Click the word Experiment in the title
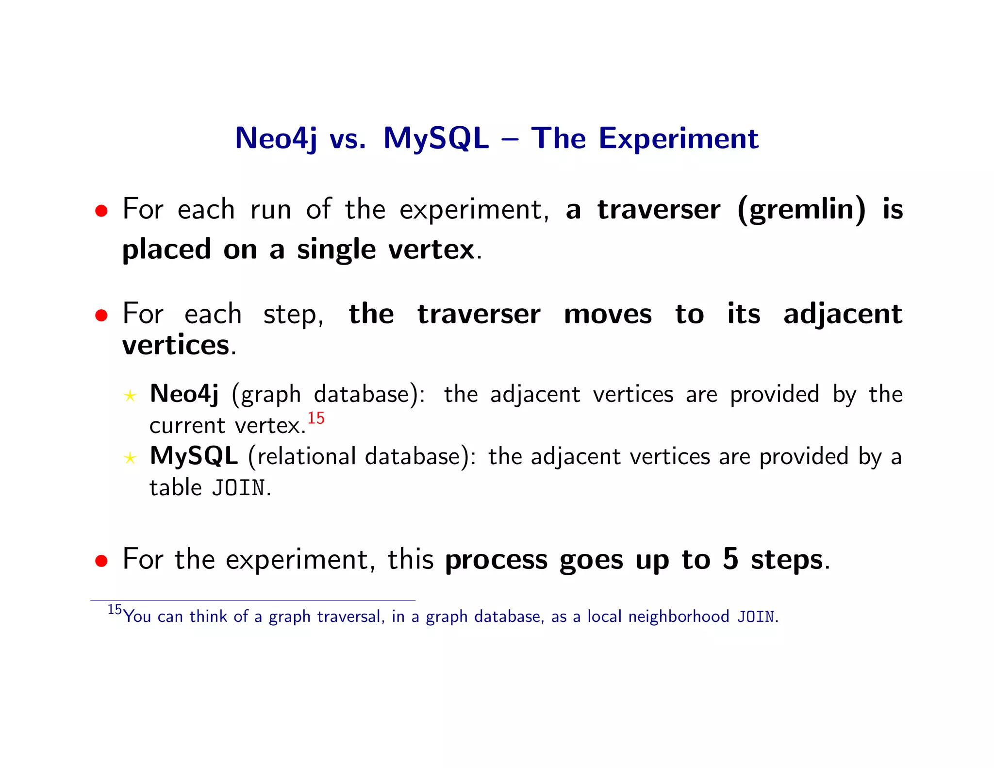pyautogui.click(x=678, y=139)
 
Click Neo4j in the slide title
pyautogui.click(x=276, y=138)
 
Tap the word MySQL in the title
pyautogui.click(x=436, y=138)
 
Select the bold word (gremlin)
pyautogui.click(x=801, y=210)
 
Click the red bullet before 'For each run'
pyautogui.click(x=101, y=211)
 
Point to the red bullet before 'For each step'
pyautogui.click(x=101, y=316)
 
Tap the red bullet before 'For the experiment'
pyautogui.click(x=101, y=561)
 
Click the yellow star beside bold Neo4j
pyautogui.click(x=130, y=396)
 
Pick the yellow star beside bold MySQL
pyautogui.click(x=130, y=458)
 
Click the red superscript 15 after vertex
pyautogui.click(x=316, y=418)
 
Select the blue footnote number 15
pyautogui.click(x=115, y=610)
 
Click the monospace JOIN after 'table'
pyautogui.click(x=238, y=488)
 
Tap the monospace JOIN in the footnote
pyautogui.click(x=756, y=617)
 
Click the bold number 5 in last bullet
pyautogui.click(x=730, y=559)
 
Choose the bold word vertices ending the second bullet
pyautogui.click(x=175, y=345)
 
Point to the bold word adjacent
pyautogui.click(x=843, y=314)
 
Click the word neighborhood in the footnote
pyautogui.click(x=679, y=617)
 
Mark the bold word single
pyautogui.click(x=336, y=250)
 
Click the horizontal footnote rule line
pyautogui.click(x=252, y=601)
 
